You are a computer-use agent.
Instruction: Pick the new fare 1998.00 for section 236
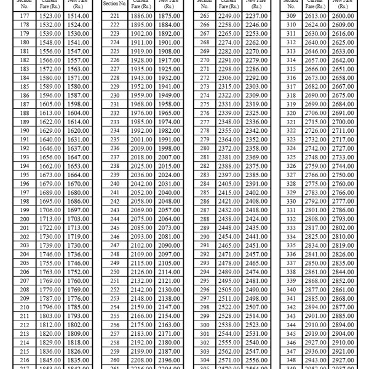click(x=165, y=149)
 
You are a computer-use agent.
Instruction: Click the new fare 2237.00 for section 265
click(x=253, y=15)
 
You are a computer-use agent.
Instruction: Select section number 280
click(x=204, y=149)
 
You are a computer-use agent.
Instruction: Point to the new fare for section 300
click(x=253, y=325)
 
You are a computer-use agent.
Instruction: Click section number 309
click(x=292, y=15)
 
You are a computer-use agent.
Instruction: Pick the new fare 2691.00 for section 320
click(x=342, y=113)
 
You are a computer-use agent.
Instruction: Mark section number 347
click(x=292, y=351)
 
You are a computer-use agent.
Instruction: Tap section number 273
click(x=204, y=87)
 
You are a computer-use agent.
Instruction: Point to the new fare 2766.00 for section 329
click(x=342, y=192)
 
